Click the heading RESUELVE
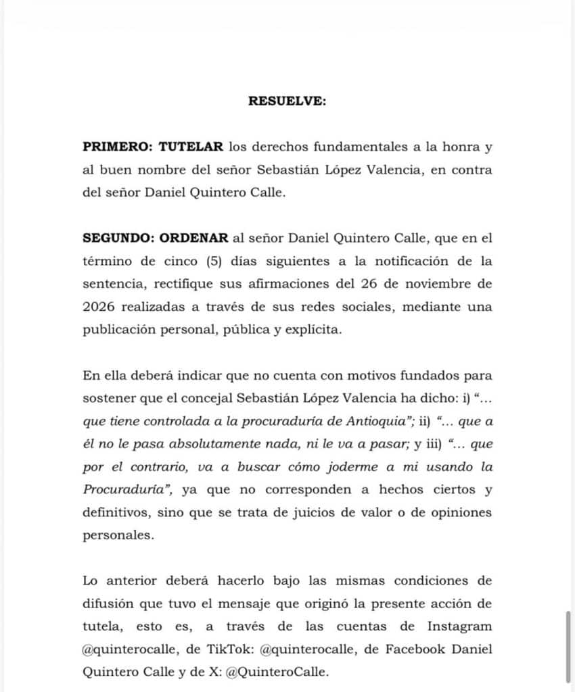287,101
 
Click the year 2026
101,307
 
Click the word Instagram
459,626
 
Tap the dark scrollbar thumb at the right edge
568,646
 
